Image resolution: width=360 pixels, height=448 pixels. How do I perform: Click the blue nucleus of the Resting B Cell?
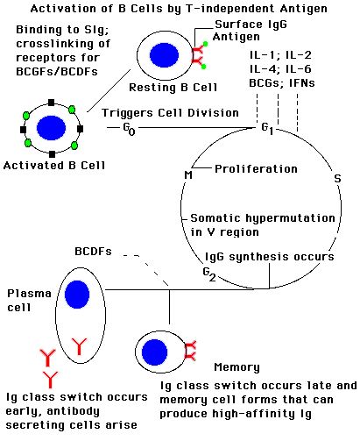[x=164, y=55]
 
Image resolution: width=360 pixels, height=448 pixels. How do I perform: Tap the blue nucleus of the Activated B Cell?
[x=51, y=128]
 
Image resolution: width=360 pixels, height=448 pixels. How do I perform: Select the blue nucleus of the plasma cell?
[x=77, y=295]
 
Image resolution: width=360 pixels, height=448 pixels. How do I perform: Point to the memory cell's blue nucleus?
[x=154, y=352]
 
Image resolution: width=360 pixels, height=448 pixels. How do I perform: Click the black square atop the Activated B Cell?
[x=52, y=103]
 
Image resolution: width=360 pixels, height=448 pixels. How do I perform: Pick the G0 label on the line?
[x=129, y=129]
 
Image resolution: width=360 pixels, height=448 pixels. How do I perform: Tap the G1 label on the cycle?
[x=267, y=129]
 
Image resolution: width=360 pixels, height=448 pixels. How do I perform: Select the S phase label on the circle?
[x=337, y=178]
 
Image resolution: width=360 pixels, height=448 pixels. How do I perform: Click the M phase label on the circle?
[x=188, y=175]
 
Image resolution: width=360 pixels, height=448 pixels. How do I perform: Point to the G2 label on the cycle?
[x=209, y=274]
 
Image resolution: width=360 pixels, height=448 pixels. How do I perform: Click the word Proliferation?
[x=256, y=169]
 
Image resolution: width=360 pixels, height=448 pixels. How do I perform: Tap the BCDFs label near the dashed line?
[x=93, y=252]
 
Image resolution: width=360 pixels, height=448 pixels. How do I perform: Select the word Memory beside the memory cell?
[x=236, y=367]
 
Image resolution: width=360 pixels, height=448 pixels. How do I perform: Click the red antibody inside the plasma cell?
[x=79, y=346]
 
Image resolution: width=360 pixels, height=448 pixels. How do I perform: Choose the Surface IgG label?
[x=251, y=25]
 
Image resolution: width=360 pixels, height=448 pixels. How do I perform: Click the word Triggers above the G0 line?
[x=127, y=113]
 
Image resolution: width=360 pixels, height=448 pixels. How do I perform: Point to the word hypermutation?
[x=290, y=218]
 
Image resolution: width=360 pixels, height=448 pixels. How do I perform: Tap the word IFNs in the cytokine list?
[x=302, y=83]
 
